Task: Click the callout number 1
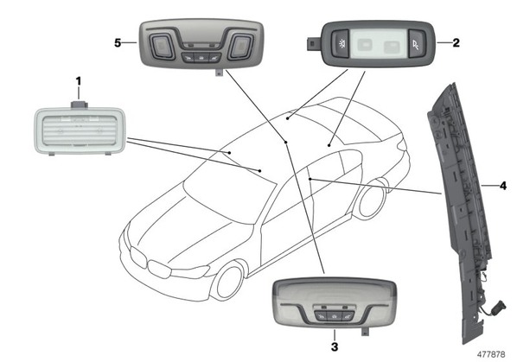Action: point(78,81)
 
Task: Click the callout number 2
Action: point(456,42)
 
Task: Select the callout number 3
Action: point(335,346)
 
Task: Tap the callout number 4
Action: point(503,186)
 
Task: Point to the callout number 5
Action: point(118,43)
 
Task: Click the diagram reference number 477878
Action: point(491,354)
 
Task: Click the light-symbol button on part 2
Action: point(341,44)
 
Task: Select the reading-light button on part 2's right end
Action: point(417,44)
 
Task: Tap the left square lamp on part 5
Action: point(161,47)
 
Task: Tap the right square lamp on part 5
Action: point(242,47)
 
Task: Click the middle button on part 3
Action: point(335,316)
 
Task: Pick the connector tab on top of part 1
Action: point(80,104)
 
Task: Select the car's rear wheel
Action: point(372,200)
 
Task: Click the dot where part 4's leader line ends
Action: point(310,179)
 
